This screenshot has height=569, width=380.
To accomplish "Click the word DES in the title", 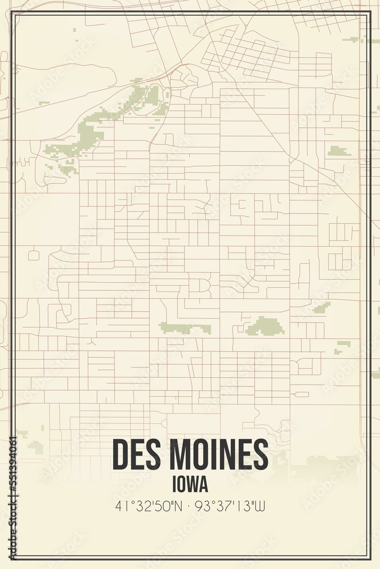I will point(137,455).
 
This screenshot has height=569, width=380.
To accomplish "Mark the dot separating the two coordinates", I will point(190,505).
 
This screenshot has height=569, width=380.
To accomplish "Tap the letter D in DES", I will point(121,455).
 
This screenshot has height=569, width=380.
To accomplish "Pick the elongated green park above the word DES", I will point(184,328).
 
